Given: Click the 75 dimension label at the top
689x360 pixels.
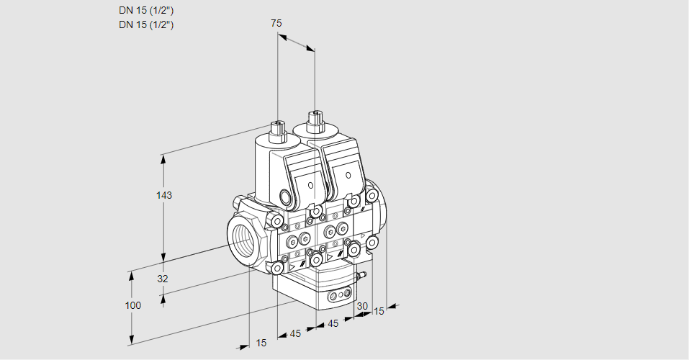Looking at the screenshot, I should (x=276, y=23).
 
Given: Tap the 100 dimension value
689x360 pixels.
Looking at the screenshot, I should (x=132, y=305).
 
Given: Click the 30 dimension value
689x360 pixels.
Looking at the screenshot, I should (x=362, y=306).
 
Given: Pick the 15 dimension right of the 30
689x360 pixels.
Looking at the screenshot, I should (x=379, y=311).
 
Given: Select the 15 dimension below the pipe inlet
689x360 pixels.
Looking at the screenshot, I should (x=261, y=343).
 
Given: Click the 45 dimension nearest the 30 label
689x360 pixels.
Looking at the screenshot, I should (x=333, y=323).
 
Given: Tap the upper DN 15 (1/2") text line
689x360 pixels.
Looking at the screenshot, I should (x=147, y=11).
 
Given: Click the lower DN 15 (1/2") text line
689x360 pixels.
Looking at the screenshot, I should (x=147, y=24).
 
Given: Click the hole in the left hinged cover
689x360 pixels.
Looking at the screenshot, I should (x=310, y=185).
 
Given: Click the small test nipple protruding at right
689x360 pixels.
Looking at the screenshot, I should (x=362, y=275).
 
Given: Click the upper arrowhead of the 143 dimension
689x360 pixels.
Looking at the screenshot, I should (x=164, y=158).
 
